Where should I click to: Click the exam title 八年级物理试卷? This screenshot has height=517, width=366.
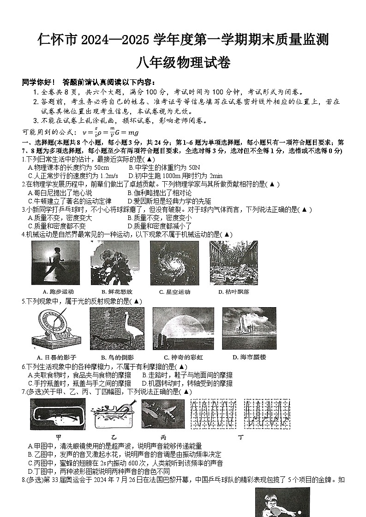point(183,62)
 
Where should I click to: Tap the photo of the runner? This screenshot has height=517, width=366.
point(55,263)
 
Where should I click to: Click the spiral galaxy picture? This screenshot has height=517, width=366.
point(174,263)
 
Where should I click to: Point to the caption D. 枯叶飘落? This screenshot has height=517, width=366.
point(234,291)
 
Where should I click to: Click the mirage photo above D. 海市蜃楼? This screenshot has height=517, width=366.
point(249,328)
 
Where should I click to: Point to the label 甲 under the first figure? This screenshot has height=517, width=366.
point(59,436)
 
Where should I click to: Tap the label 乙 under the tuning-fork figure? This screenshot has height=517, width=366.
point(114,436)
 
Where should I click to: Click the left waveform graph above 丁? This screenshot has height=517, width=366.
point(214,414)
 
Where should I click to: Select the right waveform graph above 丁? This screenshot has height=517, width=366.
point(267,414)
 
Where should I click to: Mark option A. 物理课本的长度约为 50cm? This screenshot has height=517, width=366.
point(68,167)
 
